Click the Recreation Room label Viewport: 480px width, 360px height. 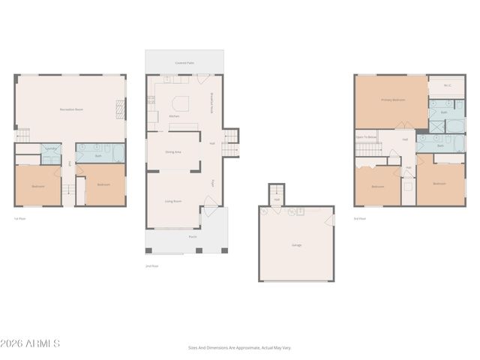click(70, 110)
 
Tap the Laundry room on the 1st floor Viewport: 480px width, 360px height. click(51, 150)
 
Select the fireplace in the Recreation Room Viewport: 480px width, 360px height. click(118, 111)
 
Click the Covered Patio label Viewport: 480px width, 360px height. click(184, 63)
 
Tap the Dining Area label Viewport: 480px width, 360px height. click(173, 151)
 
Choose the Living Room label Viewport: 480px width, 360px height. click(173, 201)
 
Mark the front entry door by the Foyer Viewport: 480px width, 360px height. click(211, 202)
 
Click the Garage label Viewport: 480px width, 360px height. click(296, 244)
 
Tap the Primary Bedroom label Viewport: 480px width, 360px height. click(392, 100)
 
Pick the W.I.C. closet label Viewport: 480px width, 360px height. click(447, 85)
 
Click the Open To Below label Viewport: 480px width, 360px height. click(366, 137)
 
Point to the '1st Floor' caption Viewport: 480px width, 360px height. click(20, 218)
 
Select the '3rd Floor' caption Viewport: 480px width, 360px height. click(361, 218)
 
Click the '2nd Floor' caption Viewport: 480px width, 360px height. click(151, 265)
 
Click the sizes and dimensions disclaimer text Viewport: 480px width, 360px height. click(239, 347)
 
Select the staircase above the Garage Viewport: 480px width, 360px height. click(277, 192)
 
